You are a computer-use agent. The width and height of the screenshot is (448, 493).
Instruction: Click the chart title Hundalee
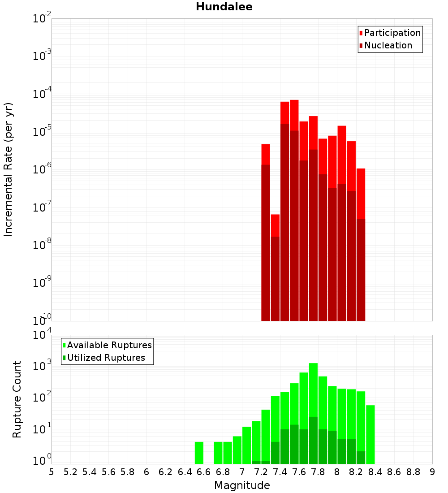pyautogui.click(x=224, y=7)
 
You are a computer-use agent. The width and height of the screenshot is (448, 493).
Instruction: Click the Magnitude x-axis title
pyautogui.click(x=242, y=485)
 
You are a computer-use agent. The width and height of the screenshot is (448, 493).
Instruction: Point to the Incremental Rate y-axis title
pyautogui.click(x=9, y=169)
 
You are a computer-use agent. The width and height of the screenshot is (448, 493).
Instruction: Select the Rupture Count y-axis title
pyautogui.click(x=17, y=399)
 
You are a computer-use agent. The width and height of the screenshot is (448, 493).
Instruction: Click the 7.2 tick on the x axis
pyautogui.click(x=261, y=472)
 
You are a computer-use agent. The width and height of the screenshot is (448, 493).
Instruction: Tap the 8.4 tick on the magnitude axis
pyautogui.click(x=375, y=472)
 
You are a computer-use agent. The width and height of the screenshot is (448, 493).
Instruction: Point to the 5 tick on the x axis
pyautogui.click(x=52, y=472)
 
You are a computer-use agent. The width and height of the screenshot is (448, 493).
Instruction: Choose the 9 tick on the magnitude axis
pyautogui.click(x=432, y=472)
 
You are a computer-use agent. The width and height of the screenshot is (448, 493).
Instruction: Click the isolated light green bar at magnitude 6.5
pyautogui.click(x=199, y=453)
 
